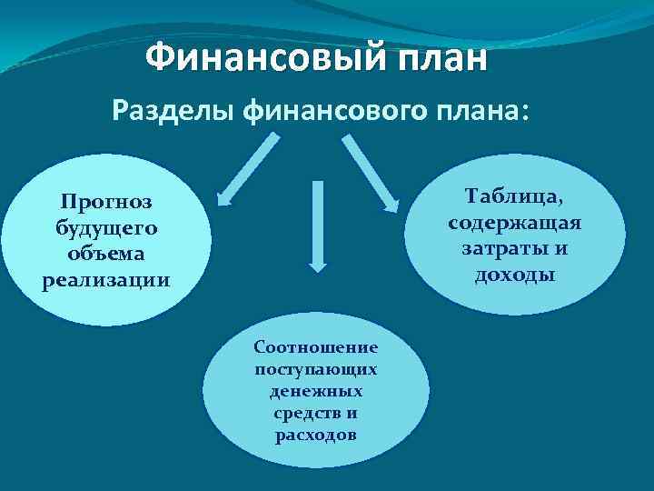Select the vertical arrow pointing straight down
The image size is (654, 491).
[317, 225]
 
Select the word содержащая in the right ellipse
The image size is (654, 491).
[514, 222]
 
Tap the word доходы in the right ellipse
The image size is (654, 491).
[514, 274]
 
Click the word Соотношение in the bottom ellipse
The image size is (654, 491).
[316, 347]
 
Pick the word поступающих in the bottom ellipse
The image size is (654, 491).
[316, 369]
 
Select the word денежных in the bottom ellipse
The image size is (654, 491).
[316, 391]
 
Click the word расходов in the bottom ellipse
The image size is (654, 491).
[316, 435]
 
